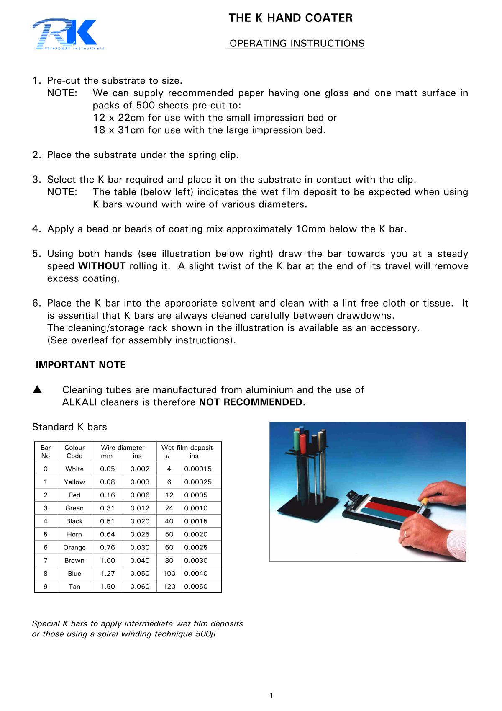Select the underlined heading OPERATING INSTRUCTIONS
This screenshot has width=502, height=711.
[297, 44]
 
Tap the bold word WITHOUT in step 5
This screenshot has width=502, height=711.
[102, 266]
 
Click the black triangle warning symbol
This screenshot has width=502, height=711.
[37, 390]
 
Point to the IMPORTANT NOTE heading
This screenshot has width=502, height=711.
[81, 365]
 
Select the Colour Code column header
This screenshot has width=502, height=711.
[74, 451]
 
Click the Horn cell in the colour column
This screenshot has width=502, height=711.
[74, 534]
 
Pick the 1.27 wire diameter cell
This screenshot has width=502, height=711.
[107, 573]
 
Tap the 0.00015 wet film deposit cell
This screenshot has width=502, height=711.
[198, 469]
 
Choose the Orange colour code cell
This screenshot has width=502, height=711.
[74, 547]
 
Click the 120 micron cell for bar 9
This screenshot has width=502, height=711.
[169, 586]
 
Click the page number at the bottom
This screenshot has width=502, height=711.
[271, 696]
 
